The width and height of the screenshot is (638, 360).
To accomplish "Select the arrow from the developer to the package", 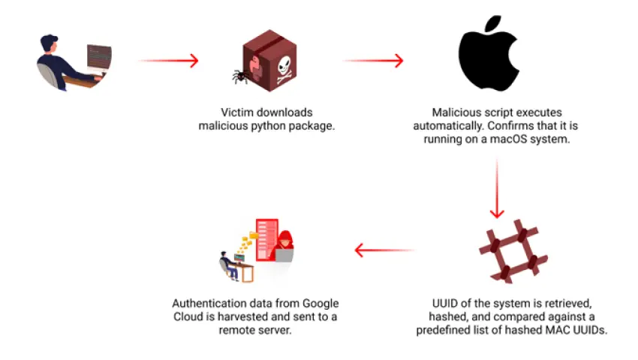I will (x=169, y=60).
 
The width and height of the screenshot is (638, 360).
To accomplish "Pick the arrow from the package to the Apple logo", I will (x=373, y=61).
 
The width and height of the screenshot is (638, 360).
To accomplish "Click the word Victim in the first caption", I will (x=237, y=112).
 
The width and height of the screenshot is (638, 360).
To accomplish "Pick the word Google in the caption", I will (x=321, y=303).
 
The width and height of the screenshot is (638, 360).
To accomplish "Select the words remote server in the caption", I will (x=255, y=330).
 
